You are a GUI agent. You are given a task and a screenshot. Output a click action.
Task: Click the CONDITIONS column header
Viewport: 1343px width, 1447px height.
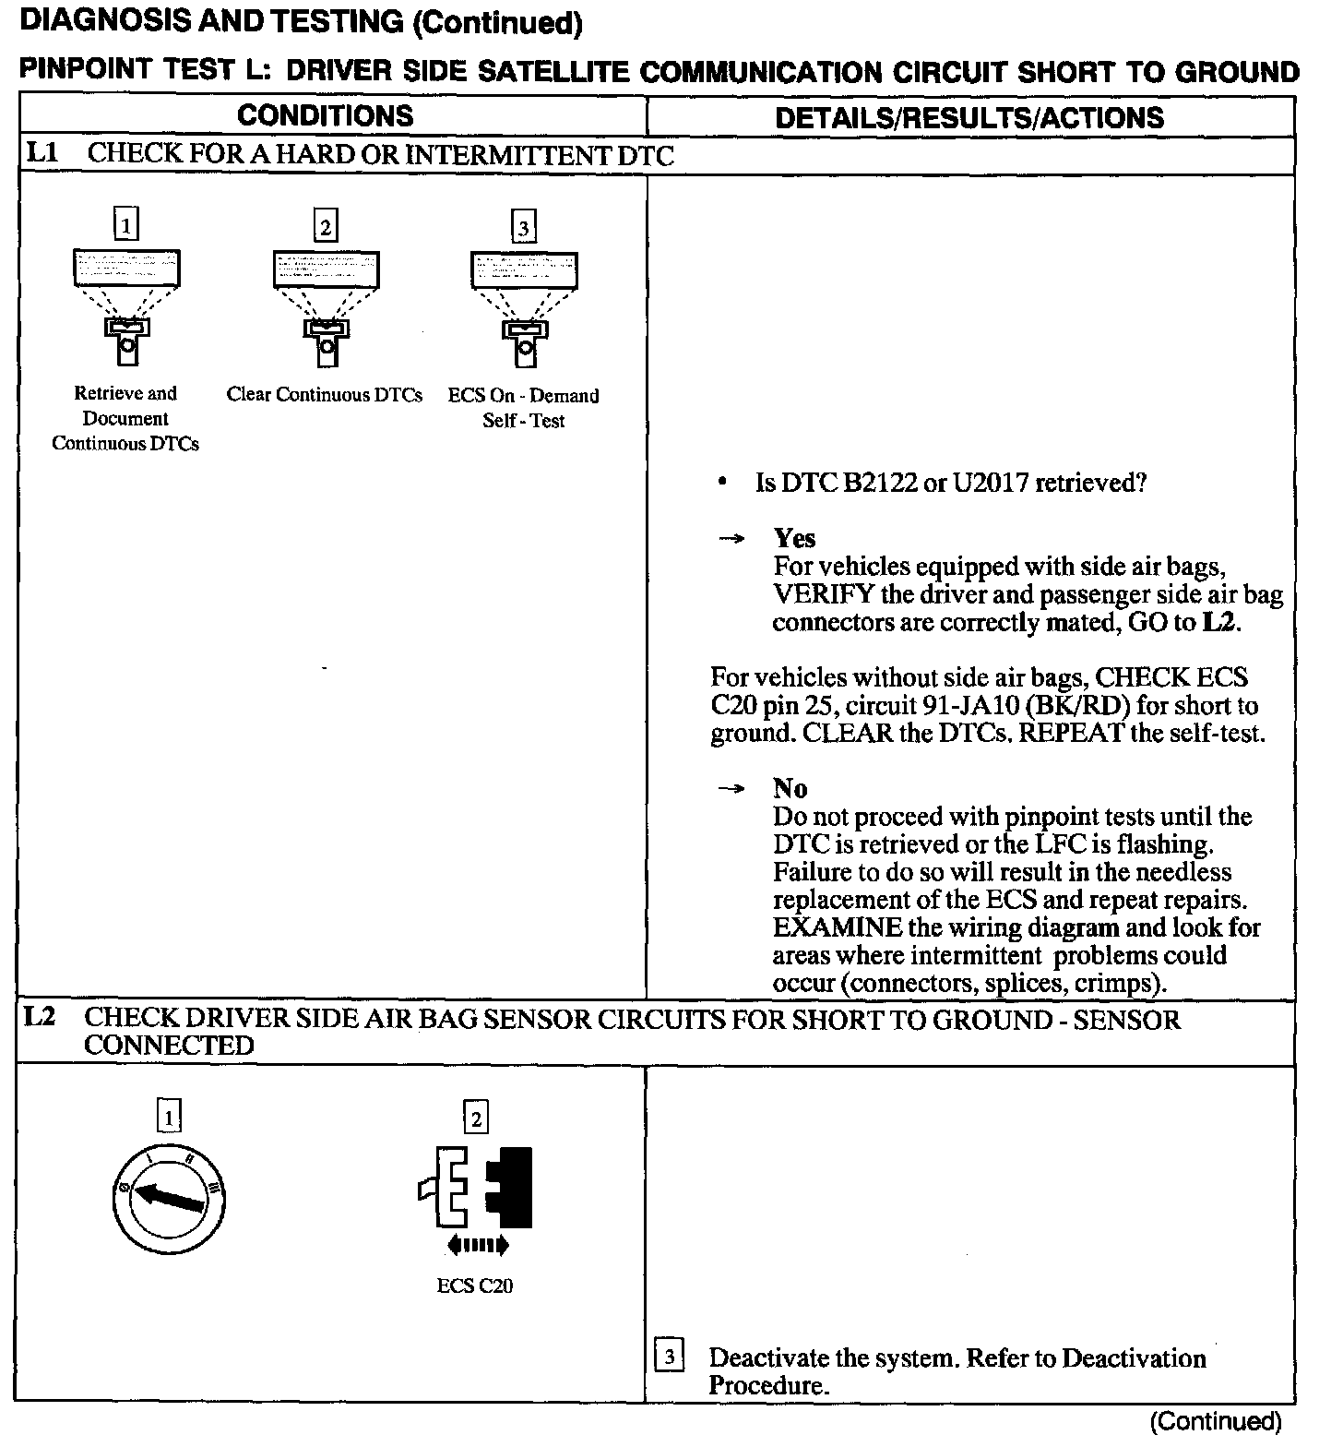click(326, 116)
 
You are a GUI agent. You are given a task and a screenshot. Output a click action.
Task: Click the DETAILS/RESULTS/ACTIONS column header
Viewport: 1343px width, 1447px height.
click(969, 118)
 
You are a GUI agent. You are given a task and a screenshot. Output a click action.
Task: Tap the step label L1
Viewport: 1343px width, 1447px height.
click(42, 153)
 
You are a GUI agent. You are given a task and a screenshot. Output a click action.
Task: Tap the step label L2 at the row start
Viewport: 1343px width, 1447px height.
click(41, 1018)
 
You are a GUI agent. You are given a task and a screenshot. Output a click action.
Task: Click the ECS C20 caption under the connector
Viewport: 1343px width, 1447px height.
click(475, 1286)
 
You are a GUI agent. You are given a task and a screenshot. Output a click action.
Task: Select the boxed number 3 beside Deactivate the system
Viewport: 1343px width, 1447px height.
click(669, 1356)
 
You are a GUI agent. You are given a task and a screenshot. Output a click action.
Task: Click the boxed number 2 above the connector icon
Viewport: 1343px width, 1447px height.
click(476, 1118)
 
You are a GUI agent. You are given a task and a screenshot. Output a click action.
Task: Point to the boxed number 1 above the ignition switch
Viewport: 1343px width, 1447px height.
click(169, 1118)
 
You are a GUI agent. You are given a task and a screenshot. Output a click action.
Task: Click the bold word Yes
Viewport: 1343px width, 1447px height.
click(794, 538)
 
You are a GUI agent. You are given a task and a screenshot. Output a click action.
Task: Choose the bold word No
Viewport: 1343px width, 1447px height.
click(790, 788)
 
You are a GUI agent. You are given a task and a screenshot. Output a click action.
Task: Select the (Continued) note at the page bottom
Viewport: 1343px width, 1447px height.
click(1215, 1422)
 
